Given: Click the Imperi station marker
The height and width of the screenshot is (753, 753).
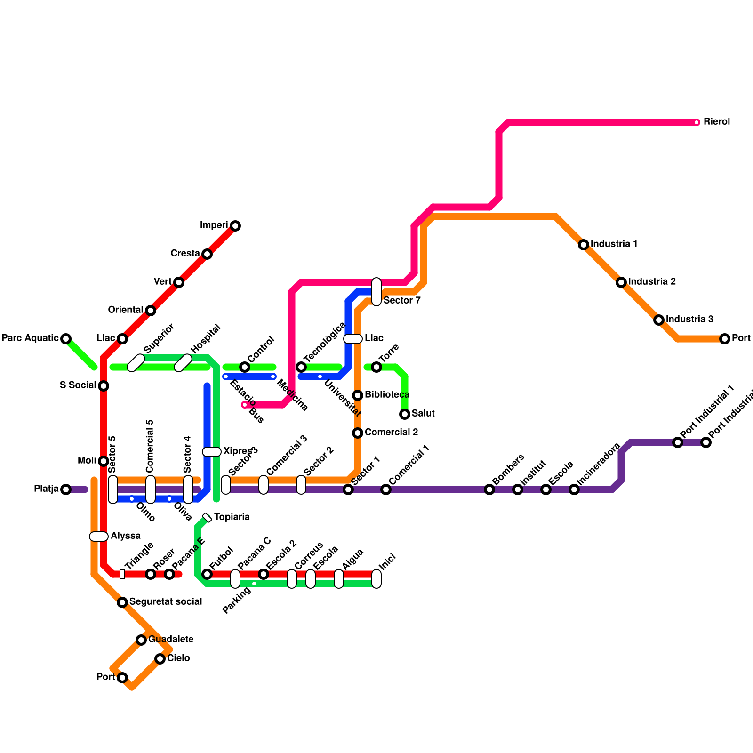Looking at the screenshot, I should click(x=235, y=226).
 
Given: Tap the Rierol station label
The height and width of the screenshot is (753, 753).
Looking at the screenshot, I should click(x=716, y=122).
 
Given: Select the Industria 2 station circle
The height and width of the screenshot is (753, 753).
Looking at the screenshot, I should click(x=621, y=282).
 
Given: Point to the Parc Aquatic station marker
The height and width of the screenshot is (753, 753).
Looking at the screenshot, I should click(x=66, y=339).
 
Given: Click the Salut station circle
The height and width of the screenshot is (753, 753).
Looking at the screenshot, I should click(x=405, y=414).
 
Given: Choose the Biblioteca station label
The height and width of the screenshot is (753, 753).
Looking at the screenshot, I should click(x=387, y=394).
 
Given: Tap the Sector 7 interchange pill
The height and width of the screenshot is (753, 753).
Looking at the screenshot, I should click(x=376, y=292).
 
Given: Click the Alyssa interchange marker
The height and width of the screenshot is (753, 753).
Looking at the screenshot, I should click(x=99, y=537).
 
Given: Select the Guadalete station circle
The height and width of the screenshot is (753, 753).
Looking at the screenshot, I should click(x=141, y=640).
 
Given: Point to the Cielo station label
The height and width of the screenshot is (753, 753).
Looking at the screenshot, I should click(x=178, y=658).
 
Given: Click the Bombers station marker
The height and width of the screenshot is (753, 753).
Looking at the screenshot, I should click(x=489, y=489).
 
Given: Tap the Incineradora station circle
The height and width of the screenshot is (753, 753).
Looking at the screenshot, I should click(x=574, y=489).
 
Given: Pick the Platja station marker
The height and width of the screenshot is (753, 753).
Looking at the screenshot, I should click(x=66, y=489).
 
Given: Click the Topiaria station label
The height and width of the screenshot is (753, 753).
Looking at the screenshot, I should click(x=232, y=517).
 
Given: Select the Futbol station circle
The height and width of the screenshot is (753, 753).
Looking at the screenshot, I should click(x=207, y=574).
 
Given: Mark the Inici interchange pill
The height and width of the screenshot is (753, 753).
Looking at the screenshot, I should click(x=376, y=579).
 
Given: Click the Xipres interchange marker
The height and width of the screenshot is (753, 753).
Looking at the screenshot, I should click(x=212, y=452).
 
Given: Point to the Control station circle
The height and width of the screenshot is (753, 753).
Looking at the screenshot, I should click(x=245, y=367).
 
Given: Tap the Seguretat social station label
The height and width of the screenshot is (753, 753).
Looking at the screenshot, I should click(x=166, y=601).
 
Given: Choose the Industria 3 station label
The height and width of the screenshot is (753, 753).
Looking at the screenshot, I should click(x=689, y=320).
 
